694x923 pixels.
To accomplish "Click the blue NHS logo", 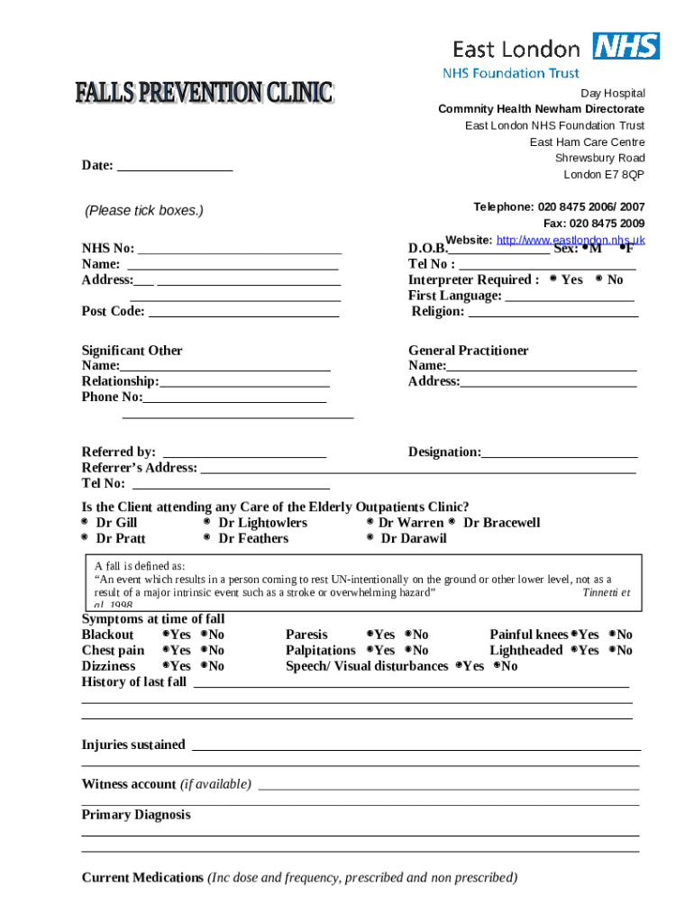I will [x=626, y=46].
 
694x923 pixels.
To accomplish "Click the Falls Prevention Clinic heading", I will [x=205, y=93].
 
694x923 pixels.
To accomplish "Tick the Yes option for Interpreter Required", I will [x=552, y=279].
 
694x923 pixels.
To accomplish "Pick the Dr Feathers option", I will [x=207, y=538].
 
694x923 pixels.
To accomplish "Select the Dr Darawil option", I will [x=370, y=538].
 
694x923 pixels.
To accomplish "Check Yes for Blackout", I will [x=166, y=635].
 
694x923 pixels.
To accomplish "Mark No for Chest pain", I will [x=205, y=650].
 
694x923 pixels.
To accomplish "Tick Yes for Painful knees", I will [x=573, y=635].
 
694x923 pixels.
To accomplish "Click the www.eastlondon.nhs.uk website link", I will [x=571, y=240].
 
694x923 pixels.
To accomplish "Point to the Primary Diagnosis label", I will [x=136, y=815].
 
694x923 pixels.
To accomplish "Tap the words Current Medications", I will [x=142, y=878].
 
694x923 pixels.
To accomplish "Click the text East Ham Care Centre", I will [x=587, y=142].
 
